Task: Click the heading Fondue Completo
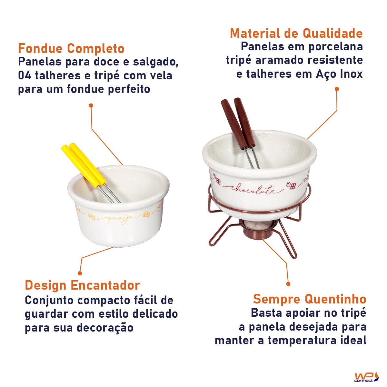point(71,49)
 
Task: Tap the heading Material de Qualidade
point(296,34)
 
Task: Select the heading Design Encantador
point(82,285)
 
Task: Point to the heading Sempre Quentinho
point(310,299)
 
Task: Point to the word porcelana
point(335,47)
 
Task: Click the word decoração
point(105,328)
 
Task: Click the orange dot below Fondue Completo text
point(91,105)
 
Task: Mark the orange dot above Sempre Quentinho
point(288,284)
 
